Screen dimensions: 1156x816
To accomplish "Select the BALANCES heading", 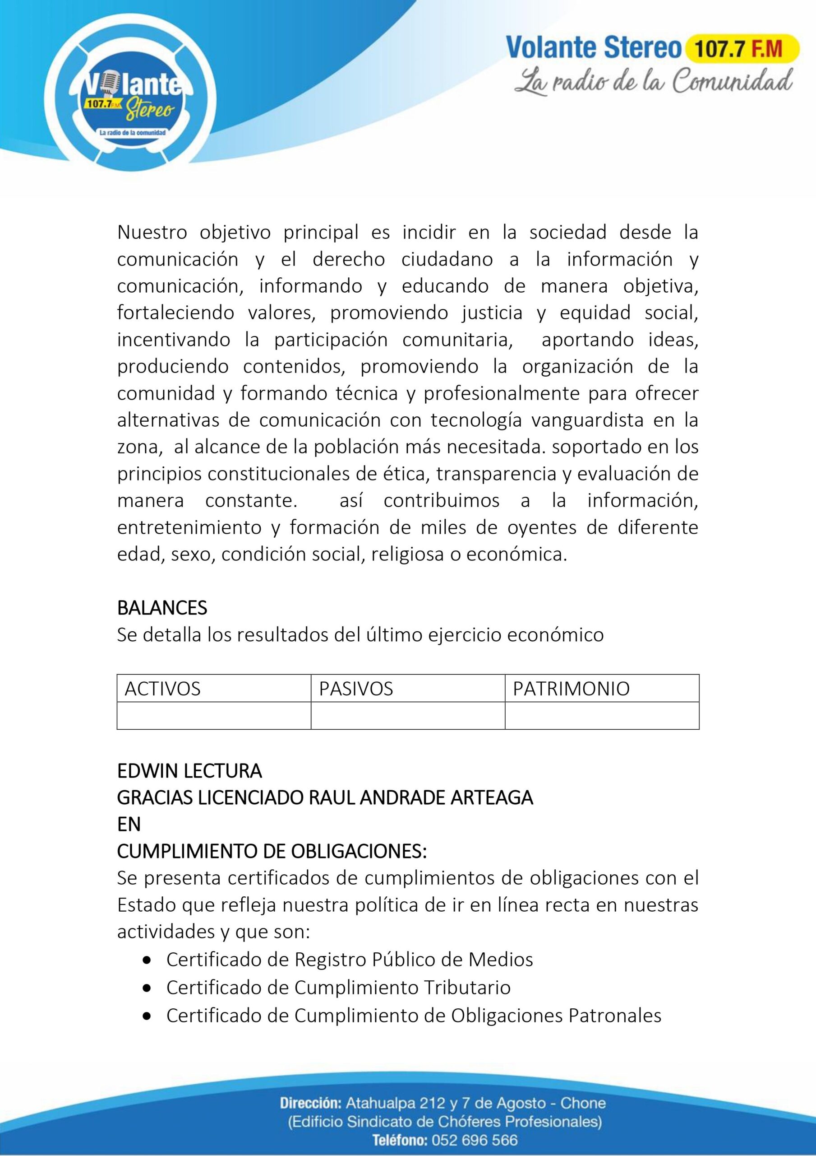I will tap(162, 608).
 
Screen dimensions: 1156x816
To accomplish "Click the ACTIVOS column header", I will tap(162, 689).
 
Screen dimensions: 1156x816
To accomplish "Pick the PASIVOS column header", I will tap(356, 689).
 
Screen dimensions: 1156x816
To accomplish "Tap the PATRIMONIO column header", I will tap(571, 689).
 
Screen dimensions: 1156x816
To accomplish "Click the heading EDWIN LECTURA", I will tap(189, 771).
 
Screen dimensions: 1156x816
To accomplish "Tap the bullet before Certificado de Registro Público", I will tap(147, 960).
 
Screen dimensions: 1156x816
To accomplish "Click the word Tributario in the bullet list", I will tap(467, 987).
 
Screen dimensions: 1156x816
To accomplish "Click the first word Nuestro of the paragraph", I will tap(152, 233).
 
